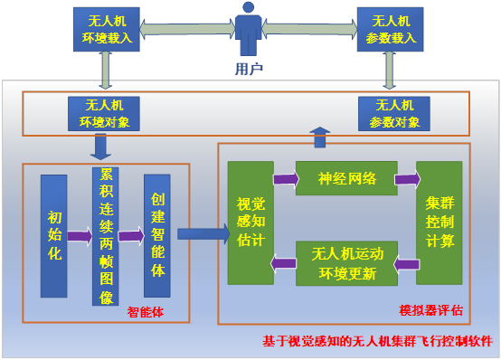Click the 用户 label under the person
[249, 68]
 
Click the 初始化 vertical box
[53, 236]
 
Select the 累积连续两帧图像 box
[105, 236]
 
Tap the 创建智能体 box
[156, 235]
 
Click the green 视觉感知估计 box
[250, 222]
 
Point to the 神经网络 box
[345, 178]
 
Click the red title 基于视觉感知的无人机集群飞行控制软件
[378, 342]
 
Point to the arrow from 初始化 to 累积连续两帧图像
[80, 237]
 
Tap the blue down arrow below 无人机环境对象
[101, 146]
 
